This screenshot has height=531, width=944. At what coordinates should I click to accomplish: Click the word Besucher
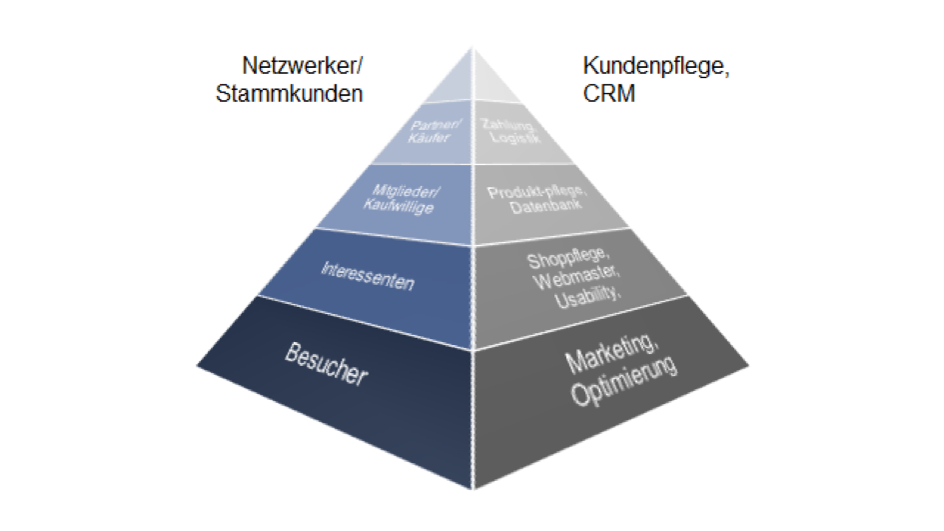click(326, 366)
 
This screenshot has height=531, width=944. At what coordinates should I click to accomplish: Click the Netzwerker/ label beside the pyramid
click(303, 67)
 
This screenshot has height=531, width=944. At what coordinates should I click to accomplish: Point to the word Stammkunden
click(289, 94)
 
